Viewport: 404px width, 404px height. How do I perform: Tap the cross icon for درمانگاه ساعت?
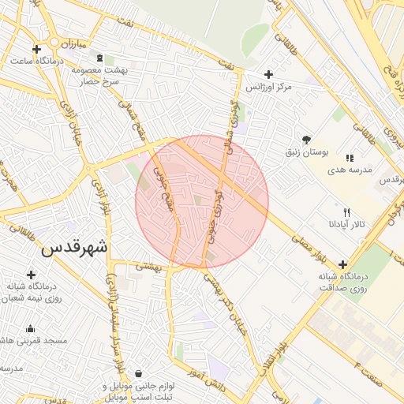[x=36, y=49]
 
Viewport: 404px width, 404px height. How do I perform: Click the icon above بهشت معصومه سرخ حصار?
[x=99, y=59]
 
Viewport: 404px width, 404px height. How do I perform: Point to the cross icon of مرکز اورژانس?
[x=268, y=74]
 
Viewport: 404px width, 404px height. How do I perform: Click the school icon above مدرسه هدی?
[x=350, y=159]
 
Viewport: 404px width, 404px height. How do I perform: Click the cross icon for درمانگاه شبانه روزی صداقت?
[x=342, y=265]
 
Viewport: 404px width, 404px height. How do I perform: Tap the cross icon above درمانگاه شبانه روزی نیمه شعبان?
[x=31, y=275]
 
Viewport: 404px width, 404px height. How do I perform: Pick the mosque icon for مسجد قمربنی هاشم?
[x=31, y=329]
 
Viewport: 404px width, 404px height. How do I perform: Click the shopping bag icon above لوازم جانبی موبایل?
[x=139, y=373]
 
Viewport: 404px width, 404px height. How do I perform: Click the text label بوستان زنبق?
[x=304, y=151]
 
